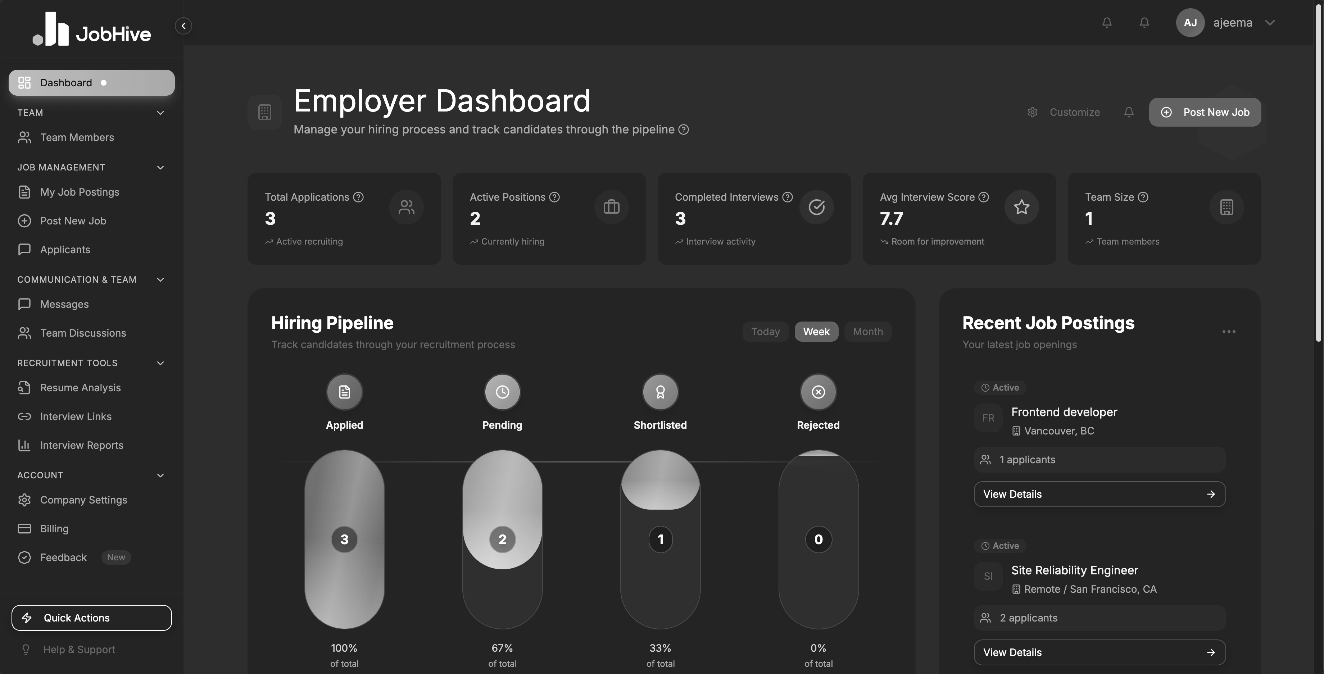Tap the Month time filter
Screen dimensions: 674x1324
(867, 331)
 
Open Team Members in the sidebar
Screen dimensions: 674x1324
(77, 137)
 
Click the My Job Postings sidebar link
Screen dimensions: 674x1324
(79, 192)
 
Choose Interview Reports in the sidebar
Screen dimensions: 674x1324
(81, 445)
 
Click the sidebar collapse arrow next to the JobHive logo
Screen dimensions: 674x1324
(183, 26)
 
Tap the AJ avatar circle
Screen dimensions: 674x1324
(1189, 23)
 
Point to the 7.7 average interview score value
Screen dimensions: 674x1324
(891, 219)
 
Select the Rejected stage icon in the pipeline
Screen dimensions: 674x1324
(818, 392)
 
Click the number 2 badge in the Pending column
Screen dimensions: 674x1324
(502, 539)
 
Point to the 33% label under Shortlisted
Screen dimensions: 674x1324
(660, 648)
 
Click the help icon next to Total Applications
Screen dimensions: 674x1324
(358, 197)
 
